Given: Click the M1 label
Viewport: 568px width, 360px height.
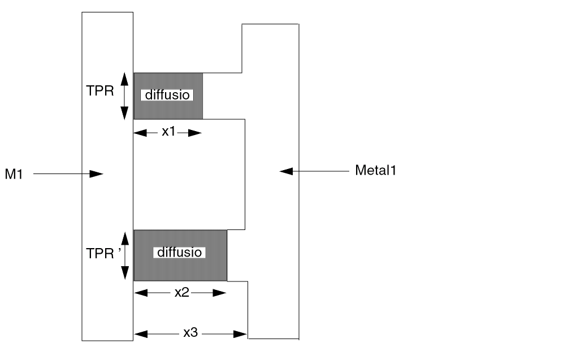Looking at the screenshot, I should click(x=15, y=175).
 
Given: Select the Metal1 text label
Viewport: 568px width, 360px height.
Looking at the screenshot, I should click(x=375, y=170).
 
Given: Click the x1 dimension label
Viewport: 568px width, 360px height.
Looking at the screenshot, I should click(x=169, y=132).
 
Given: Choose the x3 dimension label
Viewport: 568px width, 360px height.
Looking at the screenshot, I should click(x=191, y=333).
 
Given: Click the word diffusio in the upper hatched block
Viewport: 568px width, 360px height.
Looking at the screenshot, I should click(x=167, y=95).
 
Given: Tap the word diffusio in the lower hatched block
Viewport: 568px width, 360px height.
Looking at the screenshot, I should click(x=179, y=252).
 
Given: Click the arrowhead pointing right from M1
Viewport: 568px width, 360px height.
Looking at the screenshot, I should click(x=97, y=174).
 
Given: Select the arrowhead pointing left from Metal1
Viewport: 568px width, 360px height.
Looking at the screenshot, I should click(x=286, y=170).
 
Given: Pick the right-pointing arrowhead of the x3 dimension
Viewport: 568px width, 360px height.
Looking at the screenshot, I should click(x=241, y=333).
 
